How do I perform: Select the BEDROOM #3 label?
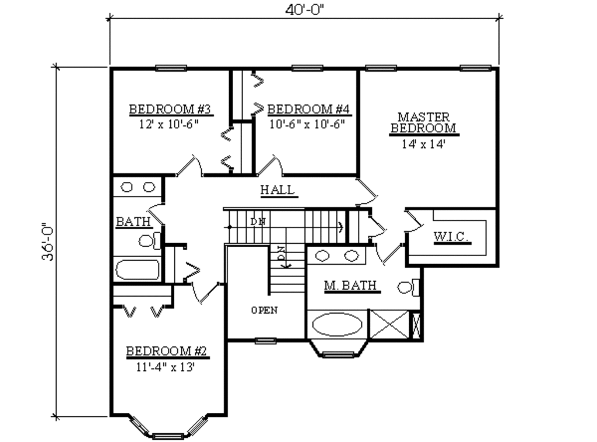[169, 109]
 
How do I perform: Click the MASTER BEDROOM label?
[423, 122]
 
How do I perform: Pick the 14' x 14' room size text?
[424, 143]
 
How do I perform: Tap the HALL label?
[277, 190]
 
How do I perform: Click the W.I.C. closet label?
[452, 237]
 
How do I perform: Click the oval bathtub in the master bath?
[337, 324]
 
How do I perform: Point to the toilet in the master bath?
[409, 286]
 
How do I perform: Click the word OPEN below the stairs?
[264, 310]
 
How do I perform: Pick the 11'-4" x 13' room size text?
[167, 367]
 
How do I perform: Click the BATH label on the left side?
[133, 222]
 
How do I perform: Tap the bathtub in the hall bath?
[138, 271]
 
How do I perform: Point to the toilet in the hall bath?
[149, 240]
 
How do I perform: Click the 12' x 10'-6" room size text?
[169, 124]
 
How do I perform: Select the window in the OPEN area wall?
[266, 341]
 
